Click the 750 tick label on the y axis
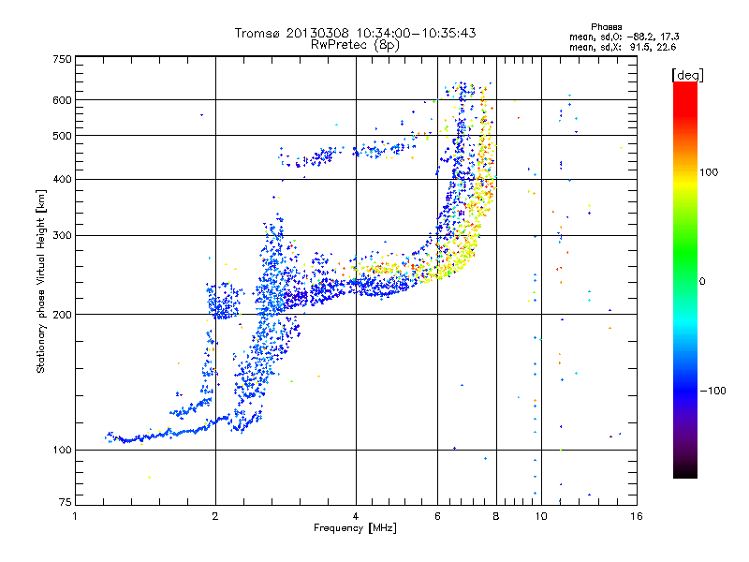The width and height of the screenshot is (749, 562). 63,59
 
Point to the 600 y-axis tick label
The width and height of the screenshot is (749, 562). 63,100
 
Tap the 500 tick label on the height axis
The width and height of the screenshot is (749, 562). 63,136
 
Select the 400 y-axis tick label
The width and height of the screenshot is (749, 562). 63,179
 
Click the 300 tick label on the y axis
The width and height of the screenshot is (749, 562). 63,235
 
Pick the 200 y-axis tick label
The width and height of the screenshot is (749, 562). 63,314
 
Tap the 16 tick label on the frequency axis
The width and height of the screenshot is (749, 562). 635,516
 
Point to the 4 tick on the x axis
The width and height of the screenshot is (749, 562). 356,516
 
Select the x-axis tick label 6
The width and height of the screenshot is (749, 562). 438,516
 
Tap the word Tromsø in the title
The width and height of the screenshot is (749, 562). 257,33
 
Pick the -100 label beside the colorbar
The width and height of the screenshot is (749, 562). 714,390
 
